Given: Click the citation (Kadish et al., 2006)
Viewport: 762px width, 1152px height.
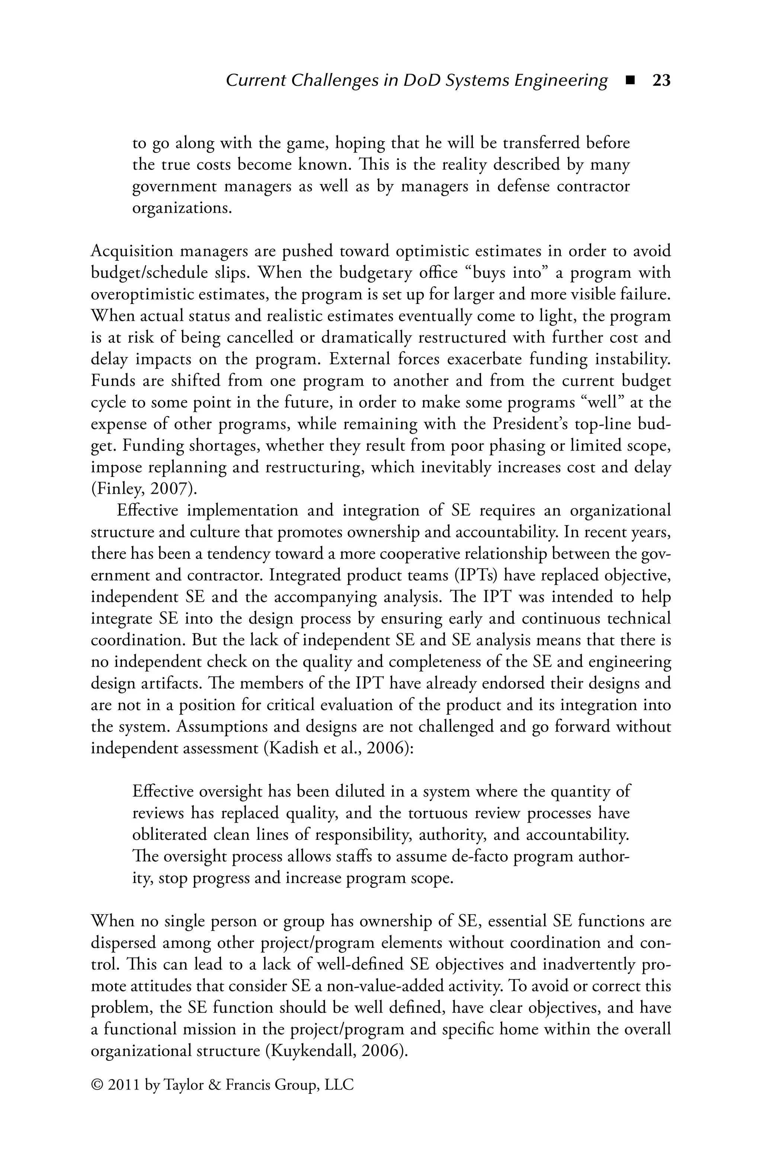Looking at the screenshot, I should pos(338,748).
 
